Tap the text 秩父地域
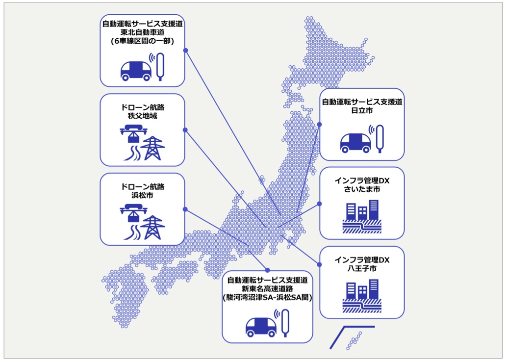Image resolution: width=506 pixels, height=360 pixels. (x=142, y=116)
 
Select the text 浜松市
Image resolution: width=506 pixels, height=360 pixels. (x=142, y=195)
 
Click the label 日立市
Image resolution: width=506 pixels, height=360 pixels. (x=362, y=111)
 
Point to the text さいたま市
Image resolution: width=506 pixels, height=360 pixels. (x=362, y=189)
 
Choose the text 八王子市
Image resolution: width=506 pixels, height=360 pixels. (x=362, y=268)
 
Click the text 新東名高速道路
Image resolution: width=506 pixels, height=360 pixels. (x=267, y=288)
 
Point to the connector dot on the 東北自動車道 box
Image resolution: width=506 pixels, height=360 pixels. (x=185, y=51)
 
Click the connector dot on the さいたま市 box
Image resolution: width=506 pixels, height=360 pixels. (x=319, y=203)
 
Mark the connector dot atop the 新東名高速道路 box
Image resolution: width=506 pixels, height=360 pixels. (x=267, y=270)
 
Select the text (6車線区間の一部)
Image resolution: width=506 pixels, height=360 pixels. (x=142, y=41)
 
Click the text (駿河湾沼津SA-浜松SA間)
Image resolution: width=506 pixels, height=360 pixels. (x=267, y=297)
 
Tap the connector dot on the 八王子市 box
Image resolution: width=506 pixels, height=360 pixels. (x=319, y=264)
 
